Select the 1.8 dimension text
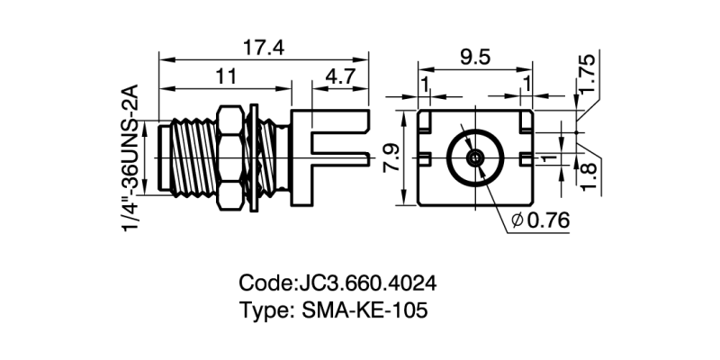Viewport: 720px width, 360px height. point(587,174)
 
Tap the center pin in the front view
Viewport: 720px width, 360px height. point(474,157)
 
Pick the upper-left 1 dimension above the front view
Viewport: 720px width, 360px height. point(423,84)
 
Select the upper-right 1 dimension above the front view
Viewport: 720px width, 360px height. point(526,84)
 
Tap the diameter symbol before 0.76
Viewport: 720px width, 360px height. point(517,220)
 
